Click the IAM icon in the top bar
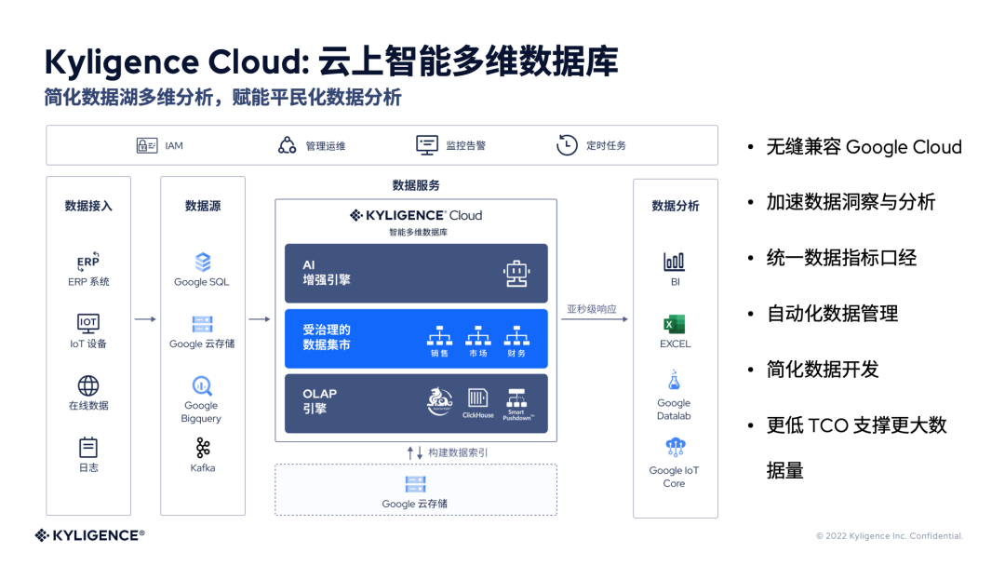[x=147, y=145]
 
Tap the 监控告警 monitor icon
[x=427, y=145]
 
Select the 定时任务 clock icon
[x=567, y=145]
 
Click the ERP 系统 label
[x=88, y=282]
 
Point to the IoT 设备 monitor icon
[x=88, y=323]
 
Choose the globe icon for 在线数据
[x=88, y=385]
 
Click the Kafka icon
[x=203, y=448]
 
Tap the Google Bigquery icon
[x=202, y=385]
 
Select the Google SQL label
[x=202, y=282]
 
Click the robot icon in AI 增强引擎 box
[x=516, y=273]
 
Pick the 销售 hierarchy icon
[x=438, y=336]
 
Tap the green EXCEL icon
[x=675, y=325]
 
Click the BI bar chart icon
[x=675, y=262]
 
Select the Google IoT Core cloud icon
[x=675, y=449]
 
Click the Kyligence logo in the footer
[x=89, y=535]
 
